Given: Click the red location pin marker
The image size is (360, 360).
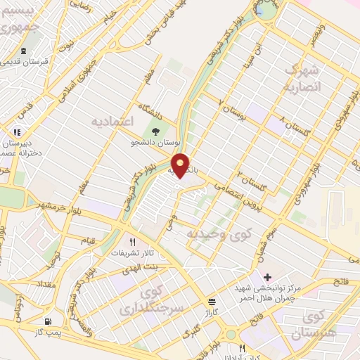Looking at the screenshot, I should (181, 165).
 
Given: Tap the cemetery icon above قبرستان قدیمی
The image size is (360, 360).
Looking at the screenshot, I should (25, 51).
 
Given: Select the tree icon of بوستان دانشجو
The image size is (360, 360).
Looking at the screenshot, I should (156, 130).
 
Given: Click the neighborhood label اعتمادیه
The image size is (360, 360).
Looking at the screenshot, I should (112, 121).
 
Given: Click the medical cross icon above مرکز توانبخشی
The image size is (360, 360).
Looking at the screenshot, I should (267, 276).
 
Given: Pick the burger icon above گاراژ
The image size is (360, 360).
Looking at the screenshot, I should (212, 299).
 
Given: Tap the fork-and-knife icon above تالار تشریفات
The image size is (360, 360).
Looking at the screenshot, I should (130, 241).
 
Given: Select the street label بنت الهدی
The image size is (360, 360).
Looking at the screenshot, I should (146, 268).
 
